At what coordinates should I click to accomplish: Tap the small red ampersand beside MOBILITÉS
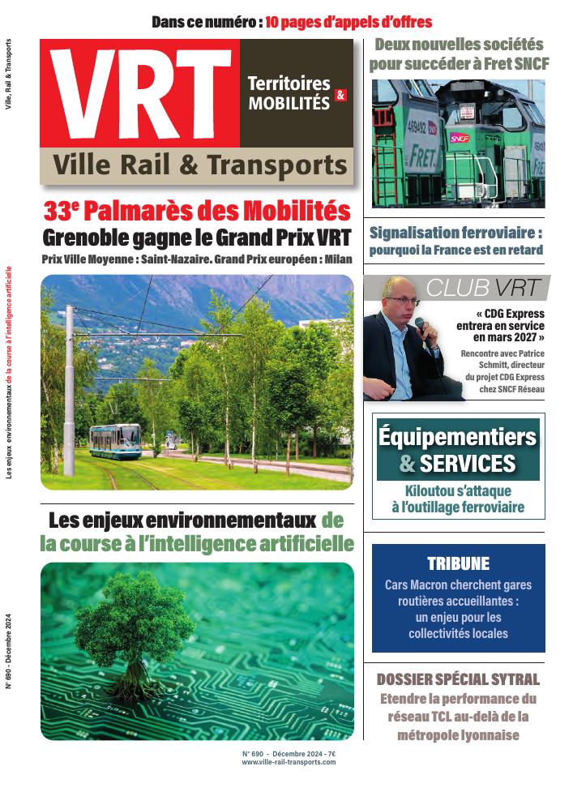(340, 96)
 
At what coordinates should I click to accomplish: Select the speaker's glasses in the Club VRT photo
(402, 301)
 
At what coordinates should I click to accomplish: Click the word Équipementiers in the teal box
(458, 437)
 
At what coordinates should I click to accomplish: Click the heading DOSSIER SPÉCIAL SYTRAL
(458, 679)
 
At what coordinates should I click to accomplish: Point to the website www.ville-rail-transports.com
(289, 761)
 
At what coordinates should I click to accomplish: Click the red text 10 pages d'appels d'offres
(349, 22)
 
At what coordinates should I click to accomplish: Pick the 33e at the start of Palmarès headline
(62, 212)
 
